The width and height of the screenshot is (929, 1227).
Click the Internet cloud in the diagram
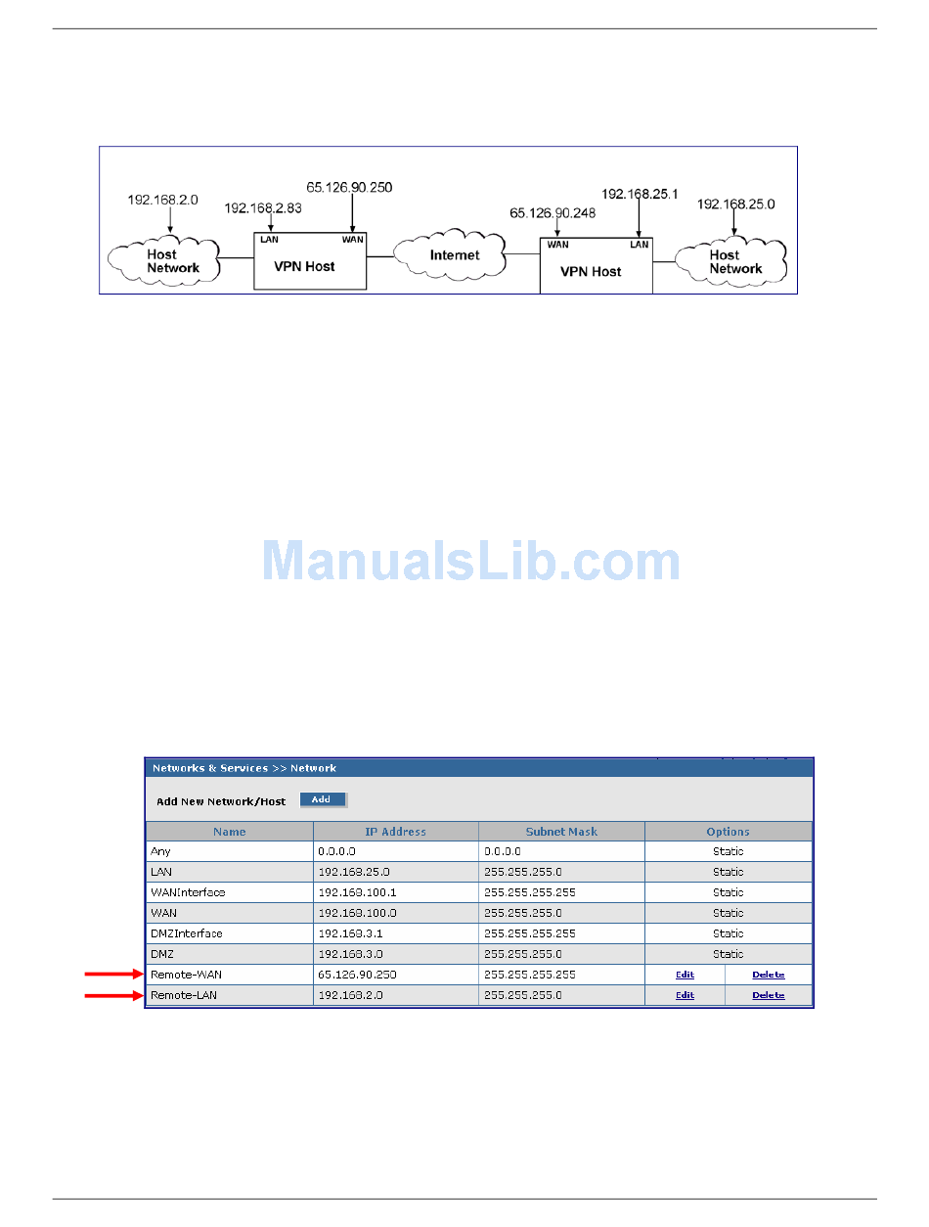pyautogui.click(x=449, y=253)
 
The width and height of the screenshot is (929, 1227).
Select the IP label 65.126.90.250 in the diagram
pyautogui.click(x=348, y=187)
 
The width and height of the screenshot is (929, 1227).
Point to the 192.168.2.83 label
pyautogui.click(x=262, y=207)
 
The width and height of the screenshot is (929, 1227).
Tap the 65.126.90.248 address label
pyautogui.click(x=552, y=212)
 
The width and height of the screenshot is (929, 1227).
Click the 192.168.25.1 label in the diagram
pyautogui.click(x=639, y=194)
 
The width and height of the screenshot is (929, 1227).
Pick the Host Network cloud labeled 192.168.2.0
pyautogui.click(x=163, y=260)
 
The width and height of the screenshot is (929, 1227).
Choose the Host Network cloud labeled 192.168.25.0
pyautogui.click(x=730, y=261)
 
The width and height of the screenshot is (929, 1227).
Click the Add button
pyautogui.click(x=323, y=798)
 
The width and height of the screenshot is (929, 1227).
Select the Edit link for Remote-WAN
pyautogui.click(x=685, y=975)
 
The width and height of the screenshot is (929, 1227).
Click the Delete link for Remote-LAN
pyautogui.click(x=768, y=995)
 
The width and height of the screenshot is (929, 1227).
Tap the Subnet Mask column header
pyautogui.click(x=561, y=832)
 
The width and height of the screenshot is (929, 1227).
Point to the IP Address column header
pyautogui.click(x=395, y=832)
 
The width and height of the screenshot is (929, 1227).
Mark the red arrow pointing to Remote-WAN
pyautogui.click(x=114, y=974)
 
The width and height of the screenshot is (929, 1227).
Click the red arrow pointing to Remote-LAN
pyautogui.click(x=114, y=995)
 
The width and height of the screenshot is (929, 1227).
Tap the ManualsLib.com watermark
pyautogui.click(x=471, y=560)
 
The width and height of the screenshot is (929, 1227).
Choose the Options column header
pyautogui.click(x=728, y=832)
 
